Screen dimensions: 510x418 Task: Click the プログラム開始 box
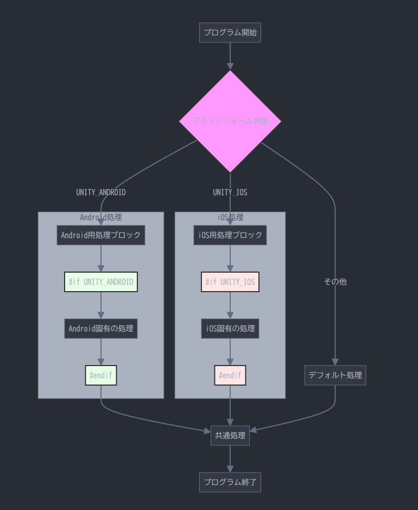click(230, 33)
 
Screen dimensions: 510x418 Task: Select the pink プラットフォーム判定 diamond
click(230, 121)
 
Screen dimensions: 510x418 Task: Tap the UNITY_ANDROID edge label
click(101, 192)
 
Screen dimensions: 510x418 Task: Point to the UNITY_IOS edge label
click(230, 192)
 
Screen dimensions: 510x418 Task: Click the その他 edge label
click(335, 282)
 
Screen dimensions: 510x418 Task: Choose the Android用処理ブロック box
click(101, 235)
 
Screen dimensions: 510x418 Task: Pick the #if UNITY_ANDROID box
click(101, 282)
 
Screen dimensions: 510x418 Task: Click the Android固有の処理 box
click(101, 329)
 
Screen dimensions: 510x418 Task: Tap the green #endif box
click(101, 375)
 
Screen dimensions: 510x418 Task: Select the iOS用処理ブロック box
click(230, 235)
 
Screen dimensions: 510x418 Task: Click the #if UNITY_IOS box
click(230, 282)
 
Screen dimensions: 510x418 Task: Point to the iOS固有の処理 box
click(230, 329)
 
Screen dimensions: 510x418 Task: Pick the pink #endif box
click(230, 375)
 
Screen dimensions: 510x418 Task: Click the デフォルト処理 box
click(335, 375)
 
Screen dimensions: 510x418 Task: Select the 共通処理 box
click(230, 436)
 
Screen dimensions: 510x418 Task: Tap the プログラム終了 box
click(230, 482)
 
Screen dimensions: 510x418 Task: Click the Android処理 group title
click(101, 217)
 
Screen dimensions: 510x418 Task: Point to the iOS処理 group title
click(230, 217)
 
